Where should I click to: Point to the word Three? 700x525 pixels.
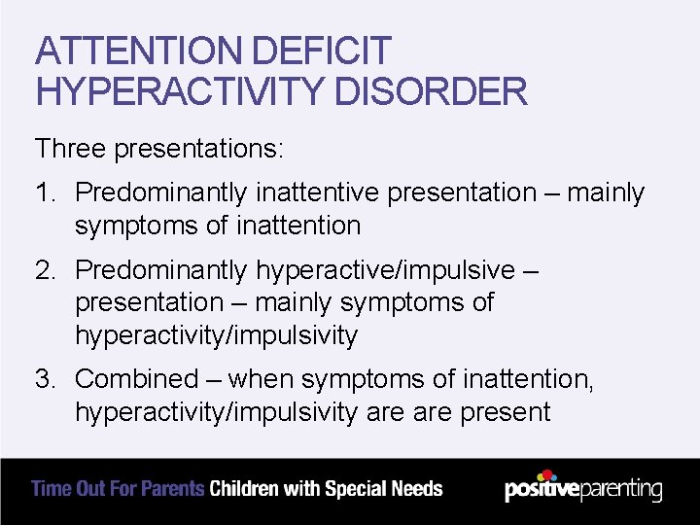pos(71,149)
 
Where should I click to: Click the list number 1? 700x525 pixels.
pos(46,192)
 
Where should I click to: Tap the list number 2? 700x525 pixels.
pos(46,268)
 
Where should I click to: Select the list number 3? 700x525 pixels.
pos(46,378)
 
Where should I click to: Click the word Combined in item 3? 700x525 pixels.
pos(135,378)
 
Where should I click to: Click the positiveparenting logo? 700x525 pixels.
pos(583,488)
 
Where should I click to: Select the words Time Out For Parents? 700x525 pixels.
pos(118,489)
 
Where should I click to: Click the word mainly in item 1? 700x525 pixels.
pos(606,192)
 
